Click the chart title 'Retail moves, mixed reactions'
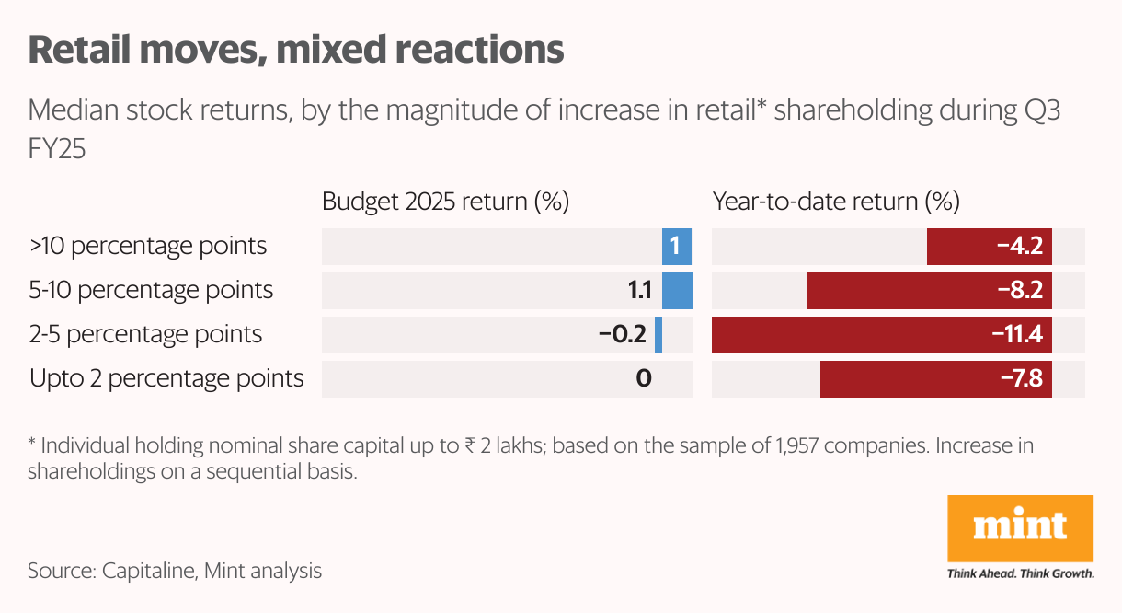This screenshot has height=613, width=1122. click(x=296, y=50)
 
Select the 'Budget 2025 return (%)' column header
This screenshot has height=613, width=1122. click(x=446, y=202)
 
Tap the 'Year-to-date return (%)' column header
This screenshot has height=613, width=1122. click(x=836, y=202)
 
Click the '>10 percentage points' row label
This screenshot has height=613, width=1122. click(x=148, y=247)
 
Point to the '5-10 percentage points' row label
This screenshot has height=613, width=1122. click(x=152, y=291)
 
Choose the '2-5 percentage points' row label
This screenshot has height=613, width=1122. click(x=146, y=334)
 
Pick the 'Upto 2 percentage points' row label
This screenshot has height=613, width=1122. click(x=166, y=378)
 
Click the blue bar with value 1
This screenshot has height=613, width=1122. click(x=677, y=247)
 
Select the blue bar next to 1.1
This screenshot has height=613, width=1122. click(x=678, y=291)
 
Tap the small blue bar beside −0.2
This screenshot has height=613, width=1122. click(x=658, y=334)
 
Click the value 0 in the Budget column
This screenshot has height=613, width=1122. click(x=644, y=378)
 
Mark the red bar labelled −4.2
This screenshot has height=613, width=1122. click(x=989, y=247)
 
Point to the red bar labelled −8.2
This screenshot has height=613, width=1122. click(x=929, y=291)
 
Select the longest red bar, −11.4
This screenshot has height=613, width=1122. click(x=882, y=334)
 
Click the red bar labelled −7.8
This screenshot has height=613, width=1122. click(x=935, y=378)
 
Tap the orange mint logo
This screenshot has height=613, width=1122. click(x=1020, y=528)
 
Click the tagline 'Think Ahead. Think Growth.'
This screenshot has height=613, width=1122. click(x=1020, y=573)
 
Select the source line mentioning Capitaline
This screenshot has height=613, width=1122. click(x=175, y=571)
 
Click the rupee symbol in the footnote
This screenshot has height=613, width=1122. click(x=470, y=448)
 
